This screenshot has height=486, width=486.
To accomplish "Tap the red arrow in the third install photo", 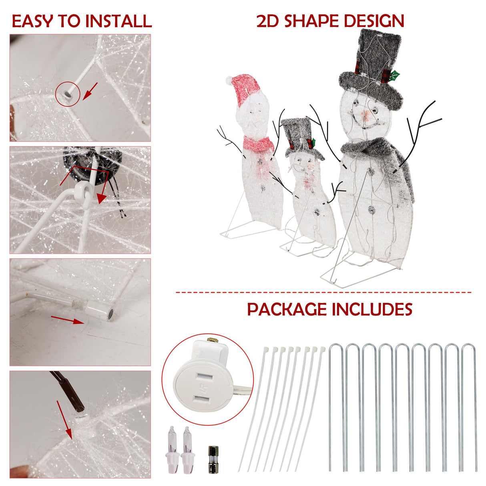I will click(67, 319).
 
